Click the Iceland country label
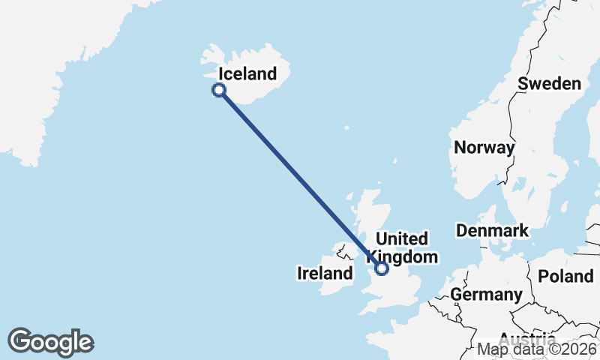click(247, 74)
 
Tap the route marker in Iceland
click(219, 90)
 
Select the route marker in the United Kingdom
click(382, 268)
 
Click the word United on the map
click(402, 239)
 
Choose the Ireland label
click(325, 273)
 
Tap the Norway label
click(484, 147)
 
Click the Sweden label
click(550, 83)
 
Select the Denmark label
click(492, 230)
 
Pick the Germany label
click(486, 295)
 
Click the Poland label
click(565, 276)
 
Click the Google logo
click(50, 342)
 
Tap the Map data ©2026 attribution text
click(537, 349)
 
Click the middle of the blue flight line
click(300, 178)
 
